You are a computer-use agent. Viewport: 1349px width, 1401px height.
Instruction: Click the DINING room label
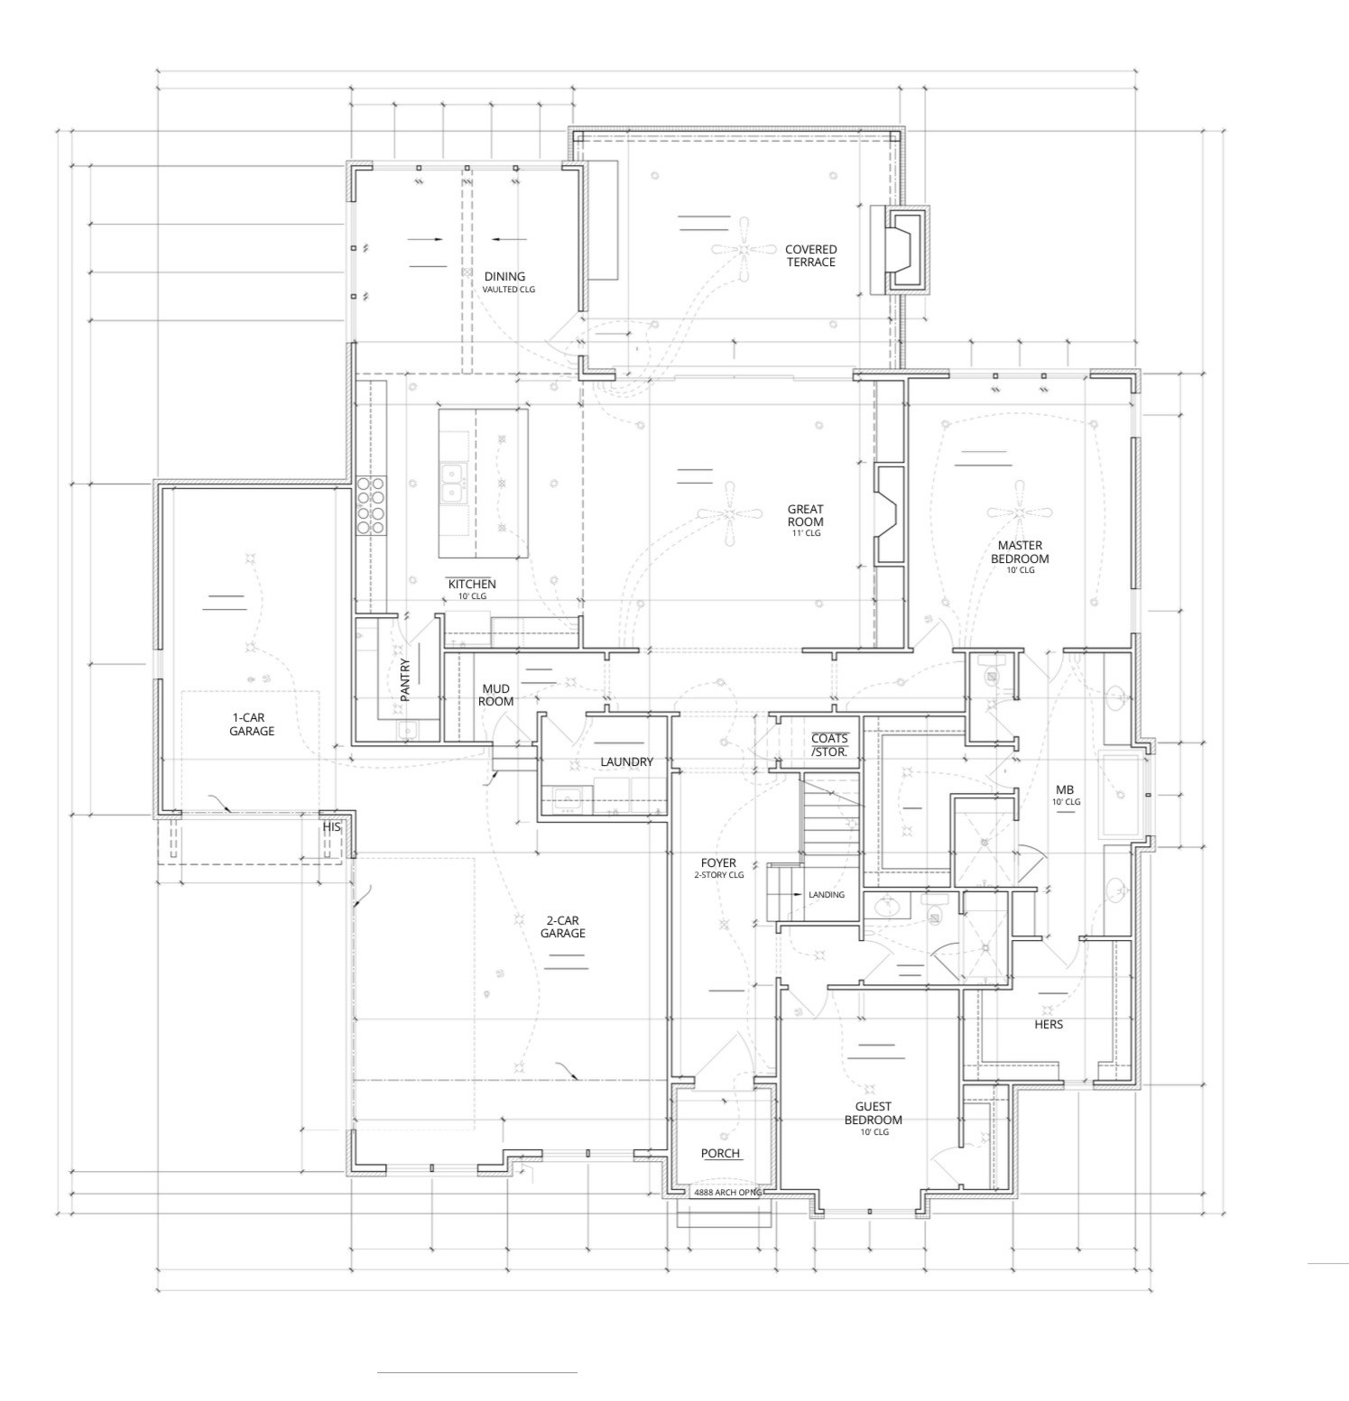[x=504, y=277]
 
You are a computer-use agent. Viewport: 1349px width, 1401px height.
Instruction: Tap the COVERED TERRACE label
[x=810, y=256]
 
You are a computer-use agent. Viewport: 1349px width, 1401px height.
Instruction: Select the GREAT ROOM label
[x=805, y=515]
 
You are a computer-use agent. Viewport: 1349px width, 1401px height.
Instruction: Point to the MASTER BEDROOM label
[x=1020, y=552]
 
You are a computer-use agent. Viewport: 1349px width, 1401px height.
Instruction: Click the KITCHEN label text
[x=472, y=585]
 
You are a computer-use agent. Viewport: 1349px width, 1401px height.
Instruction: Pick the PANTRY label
[x=405, y=680]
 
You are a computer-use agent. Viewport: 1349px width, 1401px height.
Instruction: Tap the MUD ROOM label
[x=495, y=696]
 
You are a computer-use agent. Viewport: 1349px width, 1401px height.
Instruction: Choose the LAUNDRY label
[x=626, y=762]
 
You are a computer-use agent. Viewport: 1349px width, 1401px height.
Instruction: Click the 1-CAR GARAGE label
[x=251, y=724]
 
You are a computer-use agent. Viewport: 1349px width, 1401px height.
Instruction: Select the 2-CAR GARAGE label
[x=563, y=927]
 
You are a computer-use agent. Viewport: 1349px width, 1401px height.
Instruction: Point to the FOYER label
[x=718, y=863]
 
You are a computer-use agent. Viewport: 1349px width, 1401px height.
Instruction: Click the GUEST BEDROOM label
[x=873, y=1113]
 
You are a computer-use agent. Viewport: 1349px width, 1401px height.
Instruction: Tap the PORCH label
[x=720, y=1154]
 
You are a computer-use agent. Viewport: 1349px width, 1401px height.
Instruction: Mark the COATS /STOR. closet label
[x=829, y=745]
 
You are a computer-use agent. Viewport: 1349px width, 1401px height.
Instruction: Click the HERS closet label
[x=1049, y=1025]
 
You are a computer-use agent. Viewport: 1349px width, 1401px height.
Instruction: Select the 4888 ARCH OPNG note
[x=728, y=1193]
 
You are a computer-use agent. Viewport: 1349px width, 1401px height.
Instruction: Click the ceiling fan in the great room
[x=730, y=514]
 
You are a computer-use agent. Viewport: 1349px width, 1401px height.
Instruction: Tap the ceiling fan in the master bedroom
[x=1020, y=513]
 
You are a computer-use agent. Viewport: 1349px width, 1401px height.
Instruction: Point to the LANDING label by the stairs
[x=827, y=895]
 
